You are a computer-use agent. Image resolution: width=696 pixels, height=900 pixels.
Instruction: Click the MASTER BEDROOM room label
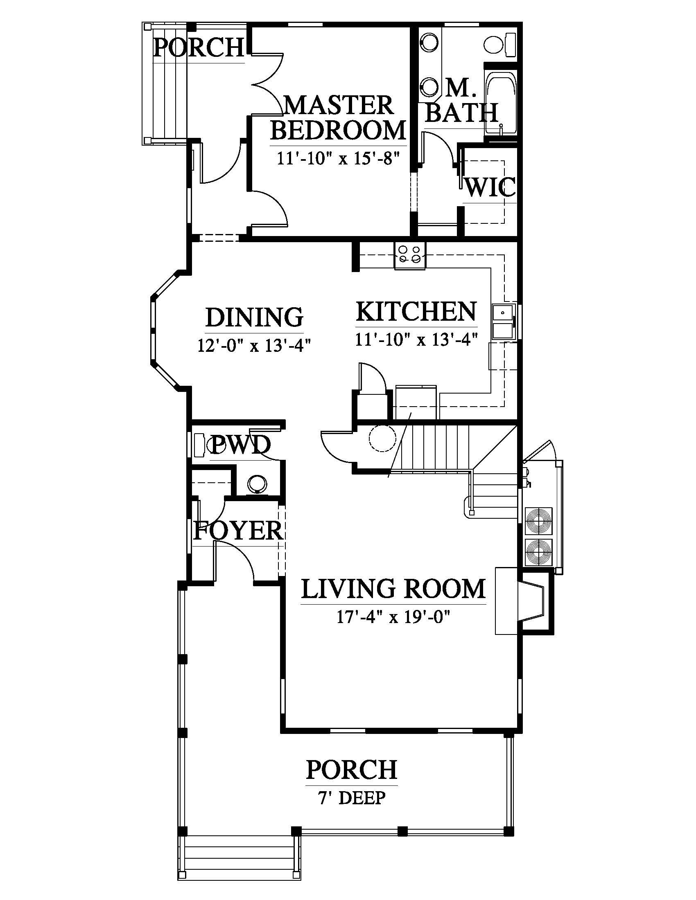(x=338, y=118)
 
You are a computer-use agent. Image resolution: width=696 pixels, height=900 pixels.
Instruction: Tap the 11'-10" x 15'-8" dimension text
(x=338, y=158)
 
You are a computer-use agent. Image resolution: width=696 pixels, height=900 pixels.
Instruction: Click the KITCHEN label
(x=416, y=312)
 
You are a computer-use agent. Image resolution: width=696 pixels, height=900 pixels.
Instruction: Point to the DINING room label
(x=254, y=317)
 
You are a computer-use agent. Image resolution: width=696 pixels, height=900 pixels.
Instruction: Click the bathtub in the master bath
(x=501, y=103)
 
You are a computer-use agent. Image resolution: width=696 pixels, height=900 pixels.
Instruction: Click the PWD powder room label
(x=241, y=445)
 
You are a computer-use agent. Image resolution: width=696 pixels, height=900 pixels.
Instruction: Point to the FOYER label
(x=238, y=530)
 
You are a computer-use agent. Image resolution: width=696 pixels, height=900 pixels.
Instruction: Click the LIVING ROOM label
(x=393, y=589)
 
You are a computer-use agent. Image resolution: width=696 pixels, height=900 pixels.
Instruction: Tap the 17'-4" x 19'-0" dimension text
(x=393, y=617)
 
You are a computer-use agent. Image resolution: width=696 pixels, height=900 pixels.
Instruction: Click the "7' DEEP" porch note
(x=352, y=798)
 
